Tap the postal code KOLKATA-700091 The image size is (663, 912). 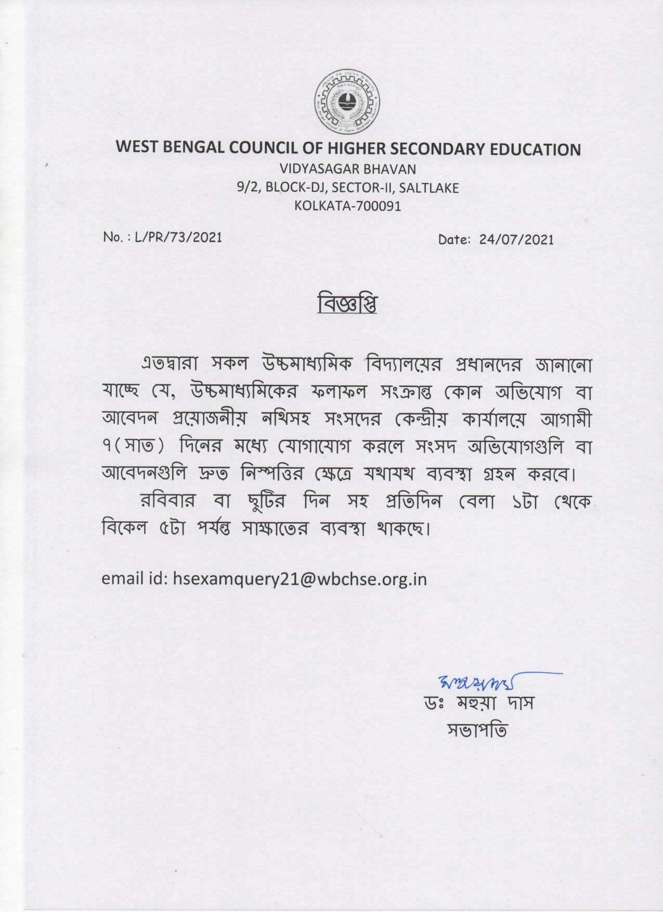[x=347, y=206]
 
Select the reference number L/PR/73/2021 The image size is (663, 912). [x=178, y=237]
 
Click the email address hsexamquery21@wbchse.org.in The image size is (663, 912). [x=300, y=579]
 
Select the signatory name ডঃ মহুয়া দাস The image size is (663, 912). [x=479, y=704]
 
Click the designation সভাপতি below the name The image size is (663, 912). [x=477, y=730]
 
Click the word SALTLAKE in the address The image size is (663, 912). [x=429, y=188]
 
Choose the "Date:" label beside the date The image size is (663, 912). [x=454, y=239]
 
